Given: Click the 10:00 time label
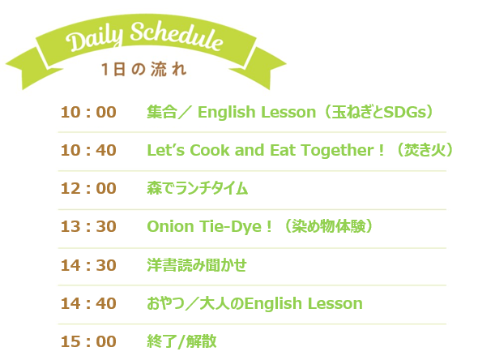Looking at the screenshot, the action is click(x=88, y=112).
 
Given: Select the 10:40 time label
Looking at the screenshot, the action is click(x=88, y=150).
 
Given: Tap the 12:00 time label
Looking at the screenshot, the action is click(x=88, y=188).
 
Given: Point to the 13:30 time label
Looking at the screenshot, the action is click(x=88, y=226).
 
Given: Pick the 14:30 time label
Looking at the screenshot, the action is click(x=88, y=265).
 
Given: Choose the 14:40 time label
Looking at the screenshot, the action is click(x=88, y=303).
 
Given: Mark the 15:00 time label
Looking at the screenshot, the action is click(x=88, y=341).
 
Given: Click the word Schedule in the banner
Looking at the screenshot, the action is click(x=177, y=36).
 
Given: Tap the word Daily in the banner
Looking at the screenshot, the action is click(x=95, y=39).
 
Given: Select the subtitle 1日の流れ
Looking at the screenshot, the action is click(x=143, y=70).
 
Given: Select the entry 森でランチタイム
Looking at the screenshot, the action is click(x=197, y=188).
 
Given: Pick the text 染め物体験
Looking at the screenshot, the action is click(x=329, y=226).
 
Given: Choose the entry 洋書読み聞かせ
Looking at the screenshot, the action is click(x=197, y=265).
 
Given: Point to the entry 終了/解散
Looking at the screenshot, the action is click(x=181, y=341).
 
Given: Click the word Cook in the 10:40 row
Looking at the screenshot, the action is click(x=210, y=151).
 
